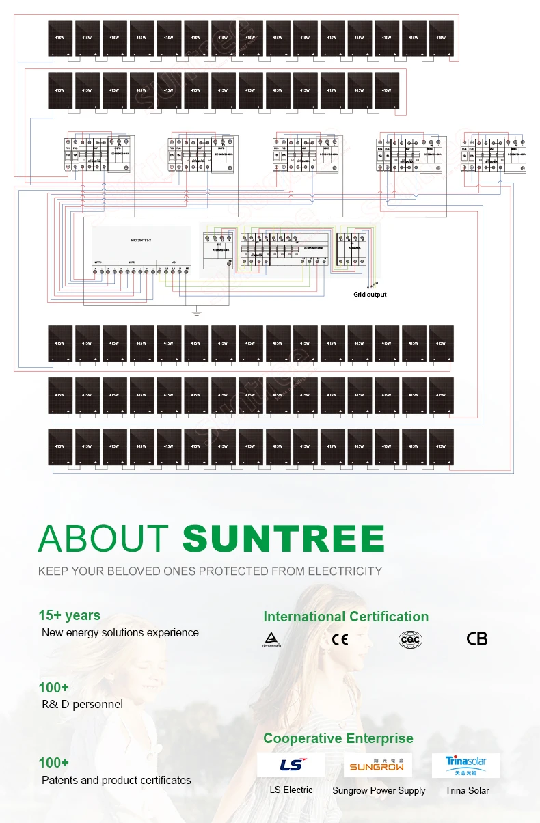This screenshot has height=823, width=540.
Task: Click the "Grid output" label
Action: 370,295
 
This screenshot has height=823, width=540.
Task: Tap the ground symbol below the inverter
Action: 196,312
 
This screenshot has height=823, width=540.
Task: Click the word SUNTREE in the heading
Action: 283,539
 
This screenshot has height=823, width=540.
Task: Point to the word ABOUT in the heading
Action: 103,539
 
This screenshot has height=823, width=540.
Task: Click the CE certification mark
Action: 340,640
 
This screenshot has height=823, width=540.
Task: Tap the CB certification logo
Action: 477,639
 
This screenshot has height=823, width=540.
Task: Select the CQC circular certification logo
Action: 410,640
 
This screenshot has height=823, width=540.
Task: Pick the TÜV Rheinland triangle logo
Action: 271,640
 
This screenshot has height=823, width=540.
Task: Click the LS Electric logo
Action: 291,765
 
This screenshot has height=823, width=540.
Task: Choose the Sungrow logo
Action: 378,765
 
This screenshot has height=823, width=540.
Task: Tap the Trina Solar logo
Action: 466,765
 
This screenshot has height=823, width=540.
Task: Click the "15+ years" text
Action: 69,615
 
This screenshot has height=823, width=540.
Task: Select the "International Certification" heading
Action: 346,617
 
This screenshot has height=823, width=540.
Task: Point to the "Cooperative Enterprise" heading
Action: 338,738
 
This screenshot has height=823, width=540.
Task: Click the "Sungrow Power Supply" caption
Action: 379,790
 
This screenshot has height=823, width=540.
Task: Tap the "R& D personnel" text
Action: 82,704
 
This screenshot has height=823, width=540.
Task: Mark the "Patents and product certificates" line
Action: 116,780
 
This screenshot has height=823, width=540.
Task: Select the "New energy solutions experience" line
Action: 120,632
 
